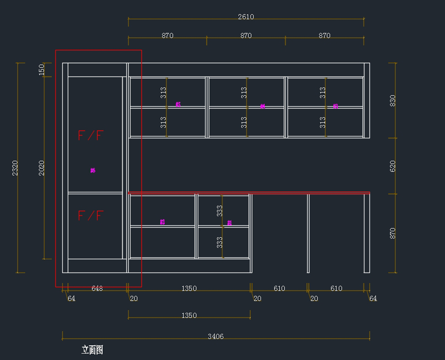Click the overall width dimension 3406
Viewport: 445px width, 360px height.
215,337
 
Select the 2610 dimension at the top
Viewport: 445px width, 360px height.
246,17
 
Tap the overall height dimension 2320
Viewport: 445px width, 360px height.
15,168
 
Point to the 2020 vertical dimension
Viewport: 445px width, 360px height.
42,168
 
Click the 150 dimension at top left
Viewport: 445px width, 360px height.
42,69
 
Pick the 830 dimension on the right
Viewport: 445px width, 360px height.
393,101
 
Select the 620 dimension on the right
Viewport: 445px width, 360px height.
393,166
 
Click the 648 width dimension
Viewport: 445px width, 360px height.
97,288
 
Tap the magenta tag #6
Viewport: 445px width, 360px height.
93,170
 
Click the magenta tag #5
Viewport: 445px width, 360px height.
178,105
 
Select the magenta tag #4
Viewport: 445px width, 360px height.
263,107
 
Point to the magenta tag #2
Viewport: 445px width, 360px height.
162,222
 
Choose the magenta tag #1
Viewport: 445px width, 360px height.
230,223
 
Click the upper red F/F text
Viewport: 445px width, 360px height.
90,135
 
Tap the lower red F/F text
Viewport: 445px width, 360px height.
90,216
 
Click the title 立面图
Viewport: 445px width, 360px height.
92,350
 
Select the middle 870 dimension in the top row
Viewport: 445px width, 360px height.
246,36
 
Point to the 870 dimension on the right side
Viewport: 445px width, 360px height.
393,233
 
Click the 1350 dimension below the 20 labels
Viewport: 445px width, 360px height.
189,315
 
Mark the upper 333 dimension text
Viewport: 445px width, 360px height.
220,211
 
